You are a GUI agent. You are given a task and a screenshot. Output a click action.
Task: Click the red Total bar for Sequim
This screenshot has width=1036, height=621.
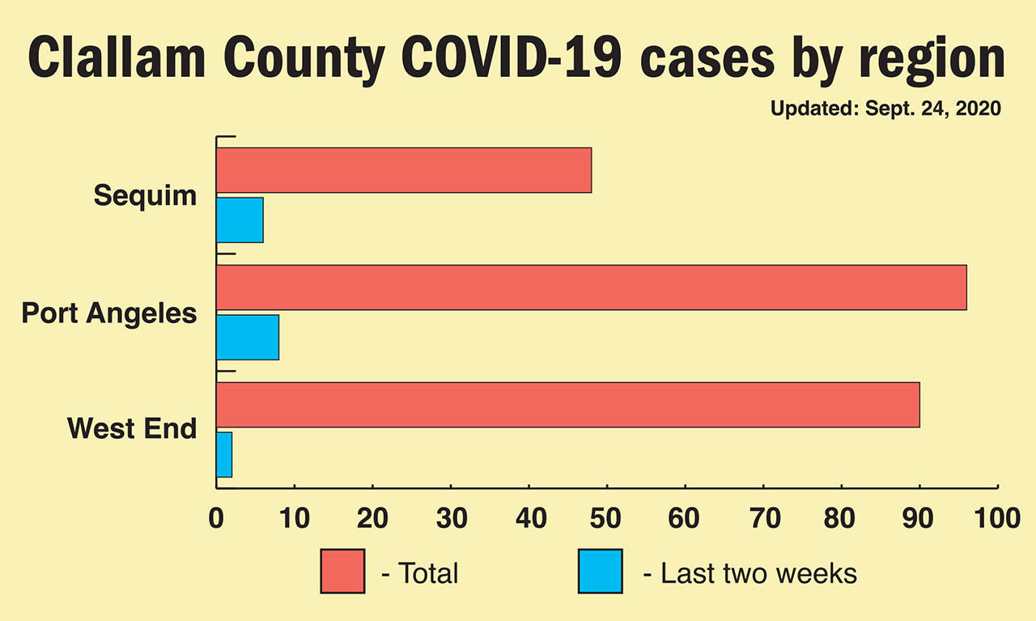[404, 170]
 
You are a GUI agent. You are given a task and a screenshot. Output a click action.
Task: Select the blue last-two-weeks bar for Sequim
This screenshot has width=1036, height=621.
[240, 219]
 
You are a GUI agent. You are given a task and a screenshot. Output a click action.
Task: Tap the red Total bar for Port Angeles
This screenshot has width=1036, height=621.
[591, 287]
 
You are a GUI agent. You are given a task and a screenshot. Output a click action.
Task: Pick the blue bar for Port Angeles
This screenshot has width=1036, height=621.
[248, 337]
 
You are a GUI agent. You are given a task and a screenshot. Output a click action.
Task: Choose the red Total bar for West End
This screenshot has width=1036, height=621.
[567, 405]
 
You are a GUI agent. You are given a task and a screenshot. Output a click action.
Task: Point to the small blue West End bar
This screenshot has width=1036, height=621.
[224, 454]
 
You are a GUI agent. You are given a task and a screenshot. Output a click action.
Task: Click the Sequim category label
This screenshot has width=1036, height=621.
[145, 195]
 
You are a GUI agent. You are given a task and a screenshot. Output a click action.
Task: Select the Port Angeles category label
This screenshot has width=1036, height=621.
[109, 313]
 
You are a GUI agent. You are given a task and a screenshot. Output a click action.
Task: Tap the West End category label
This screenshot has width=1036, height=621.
[132, 427]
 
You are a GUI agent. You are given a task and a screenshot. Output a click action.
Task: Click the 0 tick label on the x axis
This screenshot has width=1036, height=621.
[216, 518]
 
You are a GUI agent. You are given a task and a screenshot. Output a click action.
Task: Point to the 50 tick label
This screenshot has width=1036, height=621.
[607, 518]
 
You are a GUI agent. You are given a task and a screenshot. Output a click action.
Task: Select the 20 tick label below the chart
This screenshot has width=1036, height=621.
[372, 518]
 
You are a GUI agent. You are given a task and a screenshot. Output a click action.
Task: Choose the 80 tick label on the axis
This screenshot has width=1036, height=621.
[842, 518]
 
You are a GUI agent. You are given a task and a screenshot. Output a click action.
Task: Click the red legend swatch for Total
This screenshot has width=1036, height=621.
[342, 571]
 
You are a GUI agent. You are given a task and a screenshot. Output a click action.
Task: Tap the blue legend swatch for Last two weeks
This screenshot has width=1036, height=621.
[601, 571]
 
